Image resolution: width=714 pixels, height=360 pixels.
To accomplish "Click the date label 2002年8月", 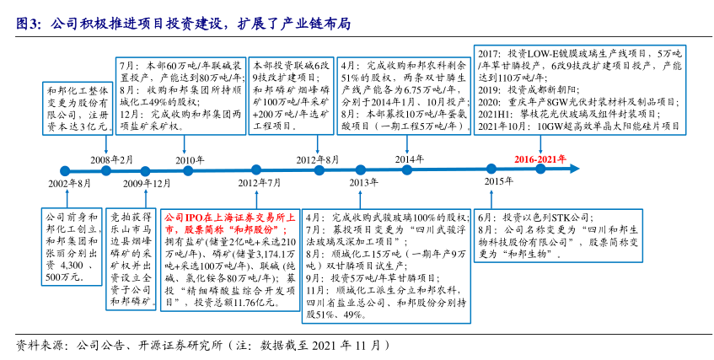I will tap(70, 183).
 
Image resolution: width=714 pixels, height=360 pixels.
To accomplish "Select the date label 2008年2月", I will tap(111, 159).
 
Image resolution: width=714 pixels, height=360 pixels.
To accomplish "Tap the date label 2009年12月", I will tap(147, 183).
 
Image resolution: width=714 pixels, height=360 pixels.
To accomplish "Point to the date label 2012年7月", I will tap(260, 182).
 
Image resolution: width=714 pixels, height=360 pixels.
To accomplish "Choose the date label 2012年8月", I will tap(318, 159).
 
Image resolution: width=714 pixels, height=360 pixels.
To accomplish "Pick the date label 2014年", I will tap(410, 159).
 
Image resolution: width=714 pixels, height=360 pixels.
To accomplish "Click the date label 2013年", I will tap(363, 182).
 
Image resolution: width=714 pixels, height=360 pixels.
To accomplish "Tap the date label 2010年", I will tap(190, 159).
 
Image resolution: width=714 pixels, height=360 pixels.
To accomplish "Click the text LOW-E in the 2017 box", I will tap(573, 52).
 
